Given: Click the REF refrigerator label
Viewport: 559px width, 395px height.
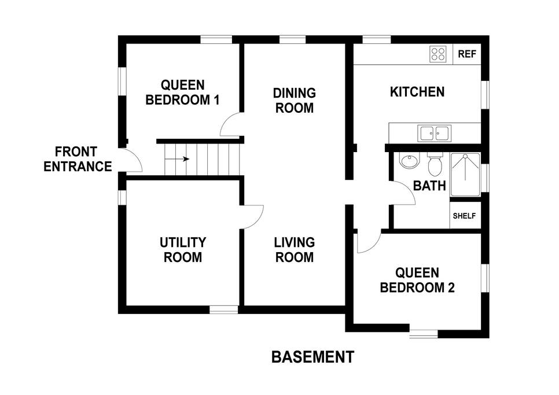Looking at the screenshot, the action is point(466,54).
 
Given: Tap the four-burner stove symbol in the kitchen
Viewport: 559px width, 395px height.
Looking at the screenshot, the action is point(438,54).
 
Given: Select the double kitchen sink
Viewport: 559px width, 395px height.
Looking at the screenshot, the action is point(434,133).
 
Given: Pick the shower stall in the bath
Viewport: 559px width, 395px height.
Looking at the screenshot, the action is point(465,175).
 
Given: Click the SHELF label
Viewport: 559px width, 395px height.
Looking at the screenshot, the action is point(464,216).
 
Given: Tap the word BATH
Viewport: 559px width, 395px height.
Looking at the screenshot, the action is point(429,186).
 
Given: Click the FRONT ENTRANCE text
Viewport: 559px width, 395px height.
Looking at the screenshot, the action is point(78,159).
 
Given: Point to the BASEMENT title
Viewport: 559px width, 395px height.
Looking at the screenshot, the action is point(312,357).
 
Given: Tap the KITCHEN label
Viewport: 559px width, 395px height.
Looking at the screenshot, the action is point(417,92).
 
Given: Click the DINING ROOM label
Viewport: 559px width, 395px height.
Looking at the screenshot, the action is point(295,101).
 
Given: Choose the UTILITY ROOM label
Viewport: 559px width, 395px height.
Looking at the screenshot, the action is point(182,250).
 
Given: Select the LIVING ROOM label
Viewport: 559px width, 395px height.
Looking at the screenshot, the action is point(295,250).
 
